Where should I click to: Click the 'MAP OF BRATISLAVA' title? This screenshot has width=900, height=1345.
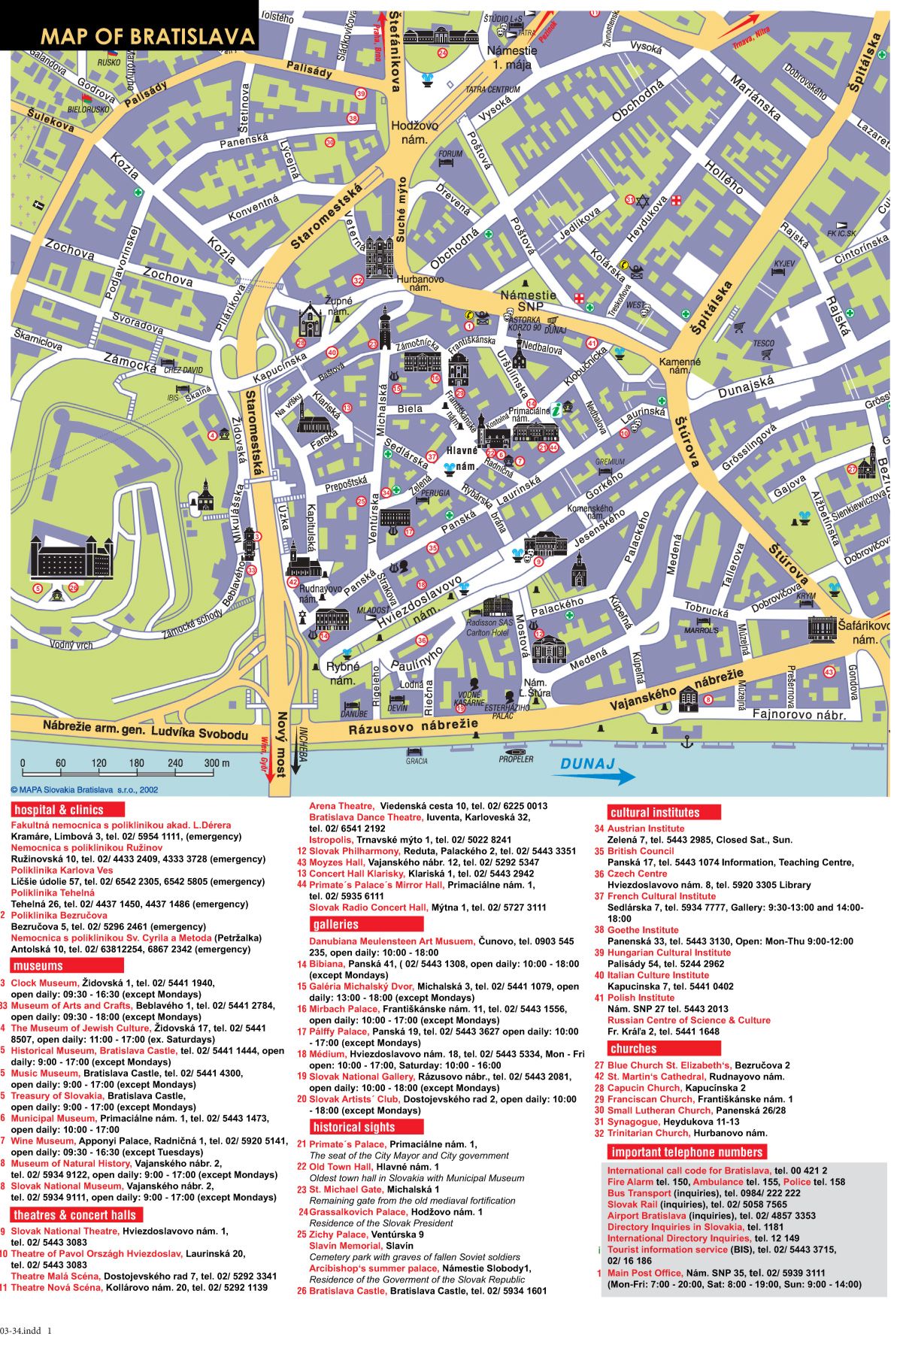(x=147, y=36)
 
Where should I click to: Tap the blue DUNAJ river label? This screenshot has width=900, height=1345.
(x=587, y=764)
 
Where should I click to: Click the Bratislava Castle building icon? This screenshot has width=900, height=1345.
(x=71, y=556)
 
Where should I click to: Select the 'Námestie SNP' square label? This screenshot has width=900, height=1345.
(x=528, y=301)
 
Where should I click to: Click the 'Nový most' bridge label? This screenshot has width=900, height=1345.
(x=282, y=744)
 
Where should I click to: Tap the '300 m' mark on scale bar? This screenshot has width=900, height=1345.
(x=217, y=763)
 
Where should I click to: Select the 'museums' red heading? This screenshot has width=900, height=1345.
(x=38, y=965)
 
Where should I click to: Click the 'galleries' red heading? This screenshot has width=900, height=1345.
(x=336, y=924)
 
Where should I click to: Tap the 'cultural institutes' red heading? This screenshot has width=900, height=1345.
(x=655, y=812)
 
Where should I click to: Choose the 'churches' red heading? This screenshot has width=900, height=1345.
(x=634, y=1048)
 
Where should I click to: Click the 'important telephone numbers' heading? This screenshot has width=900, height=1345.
(x=687, y=1152)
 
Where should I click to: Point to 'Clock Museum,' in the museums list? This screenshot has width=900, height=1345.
(x=44, y=983)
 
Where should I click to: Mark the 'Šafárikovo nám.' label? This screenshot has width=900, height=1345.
(x=864, y=632)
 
